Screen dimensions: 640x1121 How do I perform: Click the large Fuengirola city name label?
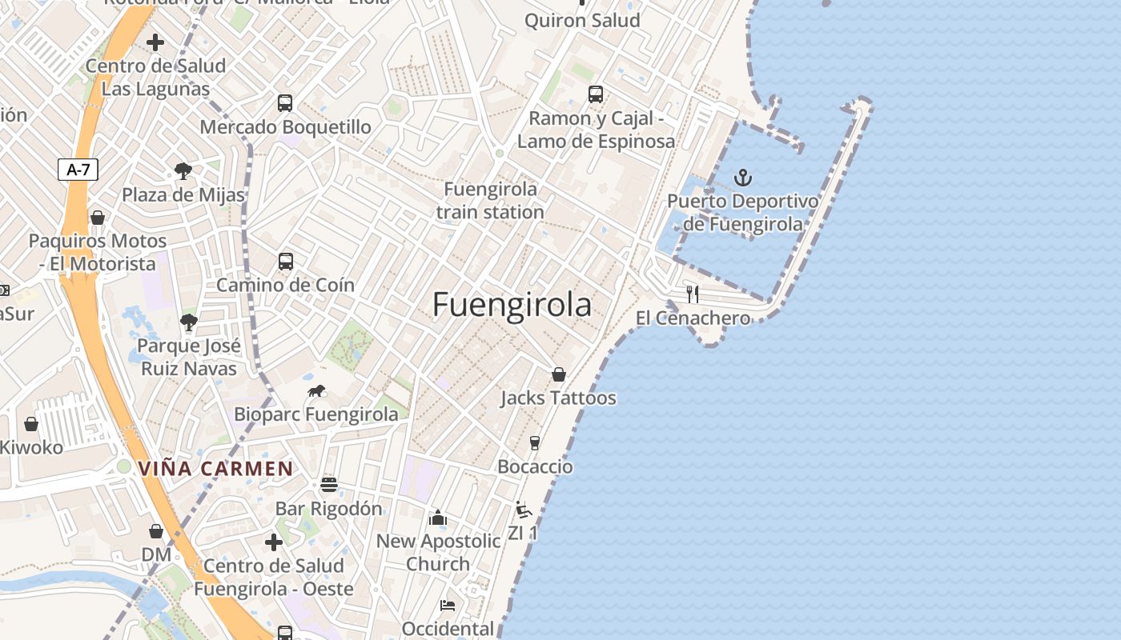(x=512, y=305)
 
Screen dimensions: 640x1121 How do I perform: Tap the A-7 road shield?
(x=78, y=170)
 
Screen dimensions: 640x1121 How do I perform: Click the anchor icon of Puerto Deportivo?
(x=743, y=177)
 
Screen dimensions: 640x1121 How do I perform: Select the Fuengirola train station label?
(x=490, y=201)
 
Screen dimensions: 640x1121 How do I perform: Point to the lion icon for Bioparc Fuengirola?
(x=317, y=391)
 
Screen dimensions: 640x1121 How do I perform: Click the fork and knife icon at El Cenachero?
(x=693, y=294)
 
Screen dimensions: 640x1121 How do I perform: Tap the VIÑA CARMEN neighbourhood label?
(x=215, y=469)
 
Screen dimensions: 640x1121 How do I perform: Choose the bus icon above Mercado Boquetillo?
(x=285, y=103)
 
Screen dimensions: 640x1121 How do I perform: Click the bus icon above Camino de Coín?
(x=285, y=262)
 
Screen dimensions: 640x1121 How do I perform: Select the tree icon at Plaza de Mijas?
(x=183, y=170)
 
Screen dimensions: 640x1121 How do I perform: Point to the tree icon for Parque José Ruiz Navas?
(x=189, y=322)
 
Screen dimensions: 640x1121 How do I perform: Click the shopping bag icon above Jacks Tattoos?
(x=559, y=374)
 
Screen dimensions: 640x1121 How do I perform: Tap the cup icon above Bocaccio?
(x=535, y=443)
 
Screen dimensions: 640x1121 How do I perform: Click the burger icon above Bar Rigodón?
(x=328, y=485)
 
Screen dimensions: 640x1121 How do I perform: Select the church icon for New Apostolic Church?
(x=437, y=518)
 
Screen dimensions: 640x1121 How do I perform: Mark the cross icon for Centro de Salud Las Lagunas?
(x=155, y=42)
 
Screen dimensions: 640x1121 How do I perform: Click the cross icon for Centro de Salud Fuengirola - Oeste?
(x=274, y=542)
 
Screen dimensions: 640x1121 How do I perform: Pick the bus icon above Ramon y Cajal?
(x=595, y=94)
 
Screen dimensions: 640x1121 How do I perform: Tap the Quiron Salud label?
(x=582, y=21)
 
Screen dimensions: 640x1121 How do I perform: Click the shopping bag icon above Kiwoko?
(x=31, y=424)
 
